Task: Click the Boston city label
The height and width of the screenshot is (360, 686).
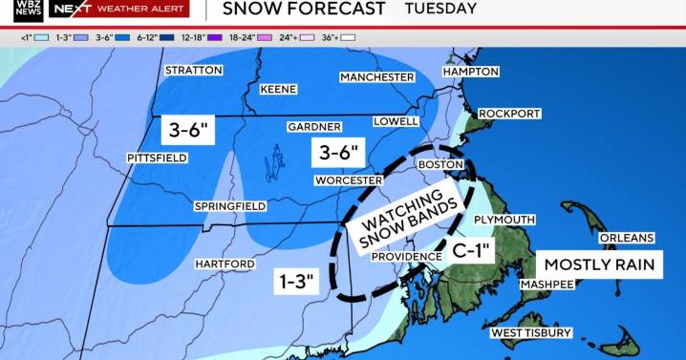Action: [441, 164]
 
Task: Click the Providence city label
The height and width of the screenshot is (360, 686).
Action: [407, 256]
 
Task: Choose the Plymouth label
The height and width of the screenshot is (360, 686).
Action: [504, 219]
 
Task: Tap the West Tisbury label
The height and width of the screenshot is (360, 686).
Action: [530, 332]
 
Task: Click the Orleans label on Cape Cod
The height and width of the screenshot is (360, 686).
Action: [627, 238]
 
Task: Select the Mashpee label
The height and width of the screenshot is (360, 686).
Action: [546, 284]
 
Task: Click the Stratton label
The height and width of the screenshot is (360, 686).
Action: [193, 71]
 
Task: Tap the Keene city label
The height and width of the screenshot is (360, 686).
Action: [279, 89]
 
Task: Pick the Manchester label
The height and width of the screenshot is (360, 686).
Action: [377, 75]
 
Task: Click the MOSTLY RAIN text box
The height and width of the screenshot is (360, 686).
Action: [597, 263]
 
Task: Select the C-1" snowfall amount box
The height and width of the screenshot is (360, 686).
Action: [471, 252]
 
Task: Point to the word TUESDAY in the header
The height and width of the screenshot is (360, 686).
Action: [440, 9]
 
